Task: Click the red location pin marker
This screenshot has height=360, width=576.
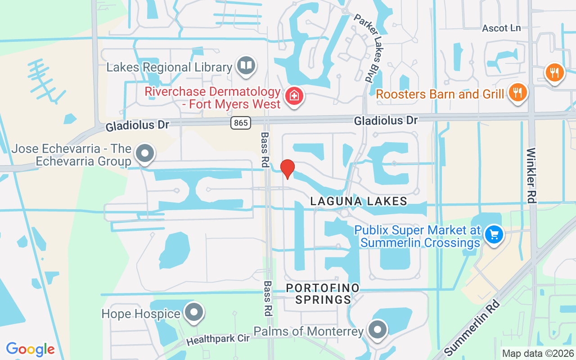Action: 288,168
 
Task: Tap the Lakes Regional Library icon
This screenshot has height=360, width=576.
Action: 246,66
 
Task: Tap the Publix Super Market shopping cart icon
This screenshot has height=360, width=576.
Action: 494,234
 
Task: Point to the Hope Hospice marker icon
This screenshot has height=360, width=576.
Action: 194,312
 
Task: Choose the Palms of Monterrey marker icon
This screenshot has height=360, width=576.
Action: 378,330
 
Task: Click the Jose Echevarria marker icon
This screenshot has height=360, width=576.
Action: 145,153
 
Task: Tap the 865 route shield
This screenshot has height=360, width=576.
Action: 241,122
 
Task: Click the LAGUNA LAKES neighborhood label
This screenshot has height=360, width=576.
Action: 359,201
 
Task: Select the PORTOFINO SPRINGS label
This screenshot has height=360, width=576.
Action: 323,293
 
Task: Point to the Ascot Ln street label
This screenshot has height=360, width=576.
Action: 501,28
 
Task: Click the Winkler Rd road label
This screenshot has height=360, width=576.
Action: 531,175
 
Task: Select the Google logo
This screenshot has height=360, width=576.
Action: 30,349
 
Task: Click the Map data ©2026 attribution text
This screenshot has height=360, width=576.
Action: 538,353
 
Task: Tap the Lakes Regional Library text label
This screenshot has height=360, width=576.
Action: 169,67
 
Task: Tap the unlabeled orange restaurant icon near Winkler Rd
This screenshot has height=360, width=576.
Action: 554,72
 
